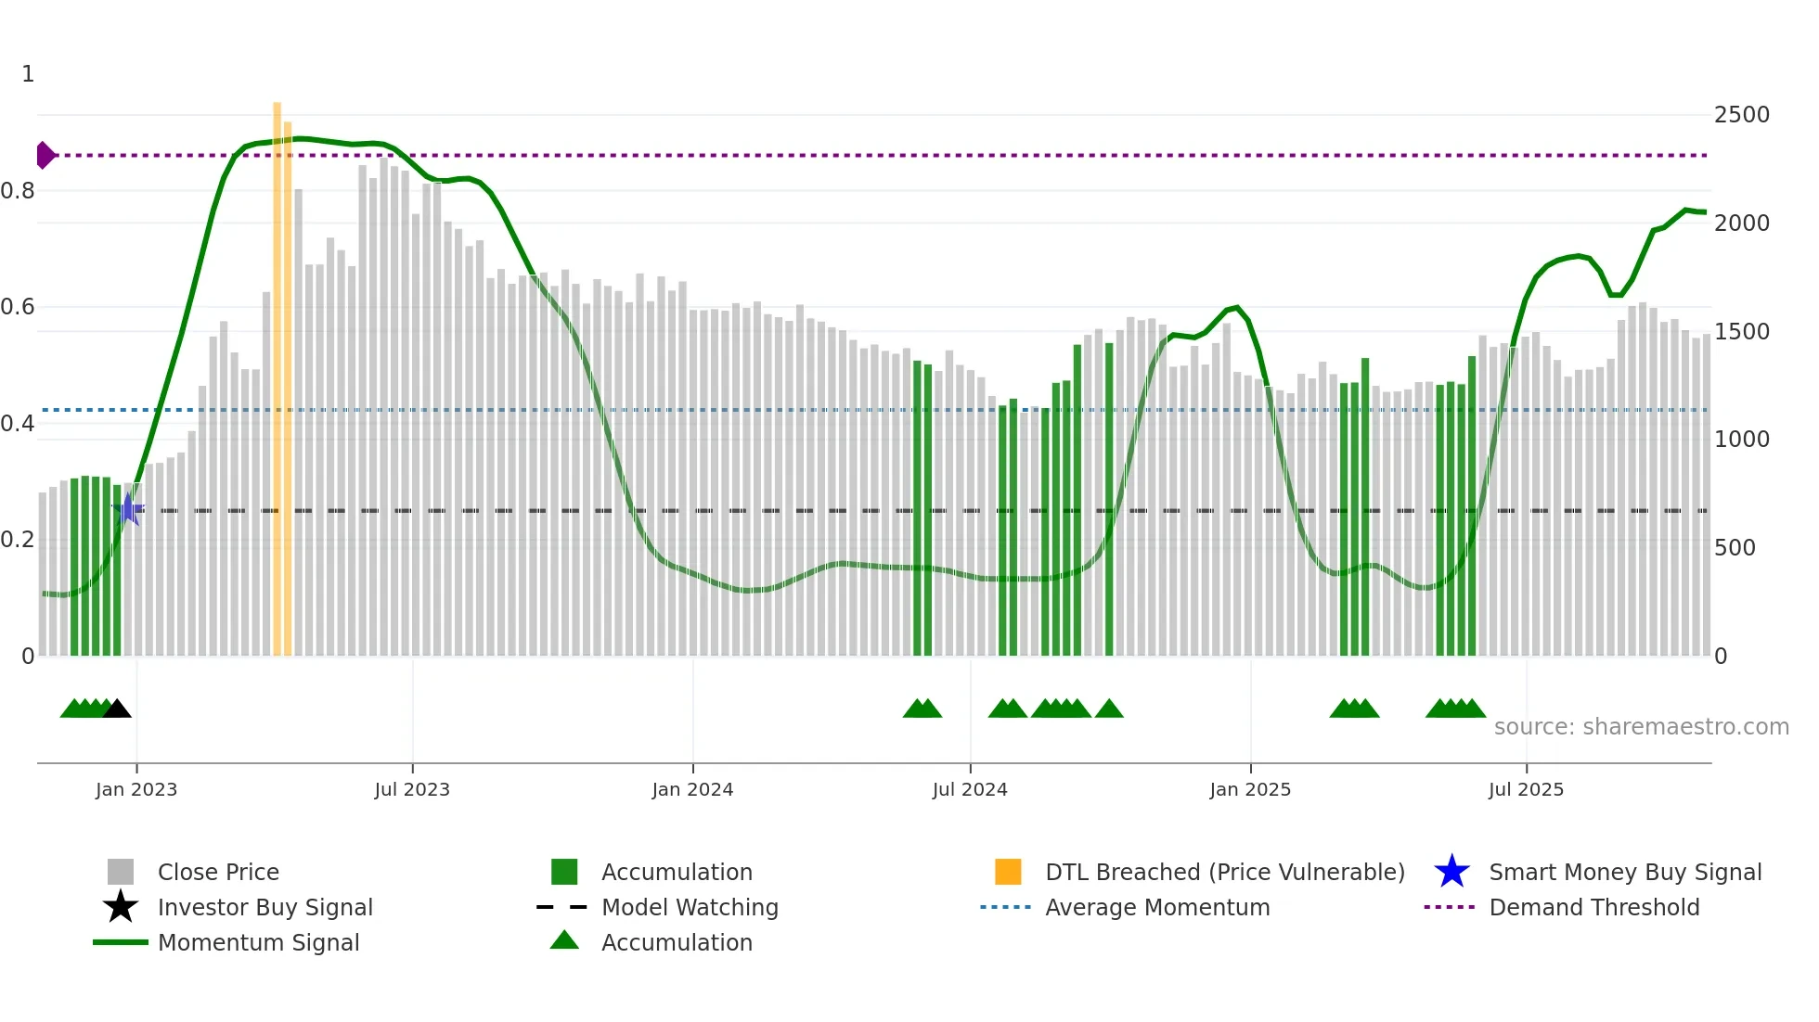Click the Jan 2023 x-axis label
pos(136,789)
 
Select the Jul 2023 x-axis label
pos(412,789)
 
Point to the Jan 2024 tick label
pos(692,789)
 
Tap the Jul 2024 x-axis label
pos(970,789)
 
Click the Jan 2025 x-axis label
pos(1250,789)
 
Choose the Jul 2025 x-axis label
pos(1526,789)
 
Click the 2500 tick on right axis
pos(1741,115)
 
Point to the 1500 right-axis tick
pos(1741,332)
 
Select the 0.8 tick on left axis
pos(18,191)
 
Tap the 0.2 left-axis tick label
pos(18,540)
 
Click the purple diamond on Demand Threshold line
pos(45,155)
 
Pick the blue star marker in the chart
pos(129,509)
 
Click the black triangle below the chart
pos(117,709)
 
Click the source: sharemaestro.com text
pos(1641,727)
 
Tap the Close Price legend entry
pos(218,872)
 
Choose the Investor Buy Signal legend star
pos(121,907)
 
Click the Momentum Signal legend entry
pos(258,942)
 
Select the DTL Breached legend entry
pos(1224,872)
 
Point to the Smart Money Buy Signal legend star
pos(1451,872)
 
